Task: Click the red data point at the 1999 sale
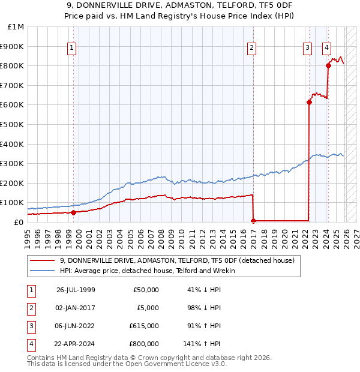pyautogui.click(x=73, y=212)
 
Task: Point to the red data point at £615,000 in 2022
pyautogui.click(x=309, y=102)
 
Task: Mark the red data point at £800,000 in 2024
pyautogui.click(x=328, y=65)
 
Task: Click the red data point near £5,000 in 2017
pyautogui.click(x=253, y=221)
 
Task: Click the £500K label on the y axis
pyautogui.click(x=13, y=124)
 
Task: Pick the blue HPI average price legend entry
pyautogui.click(x=147, y=271)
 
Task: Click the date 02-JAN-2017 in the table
pyautogui.click(x=75, y=308)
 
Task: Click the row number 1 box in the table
pyautogui.click(x=30, y=290)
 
